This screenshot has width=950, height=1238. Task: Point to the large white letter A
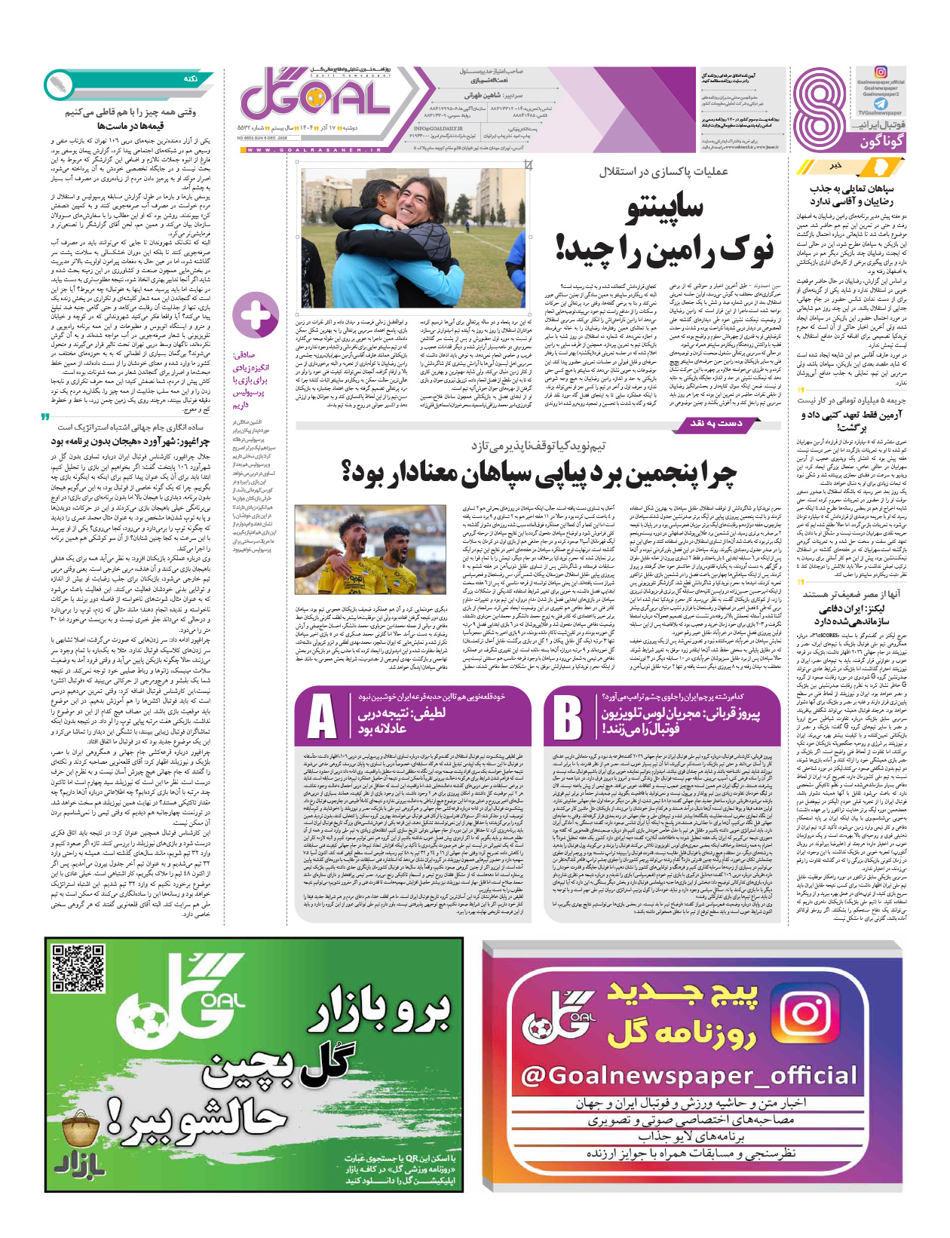322,716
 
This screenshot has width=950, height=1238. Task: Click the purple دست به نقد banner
716,424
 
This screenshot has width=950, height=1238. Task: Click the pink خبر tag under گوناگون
835,164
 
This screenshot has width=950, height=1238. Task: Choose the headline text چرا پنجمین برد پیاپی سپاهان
540,472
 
